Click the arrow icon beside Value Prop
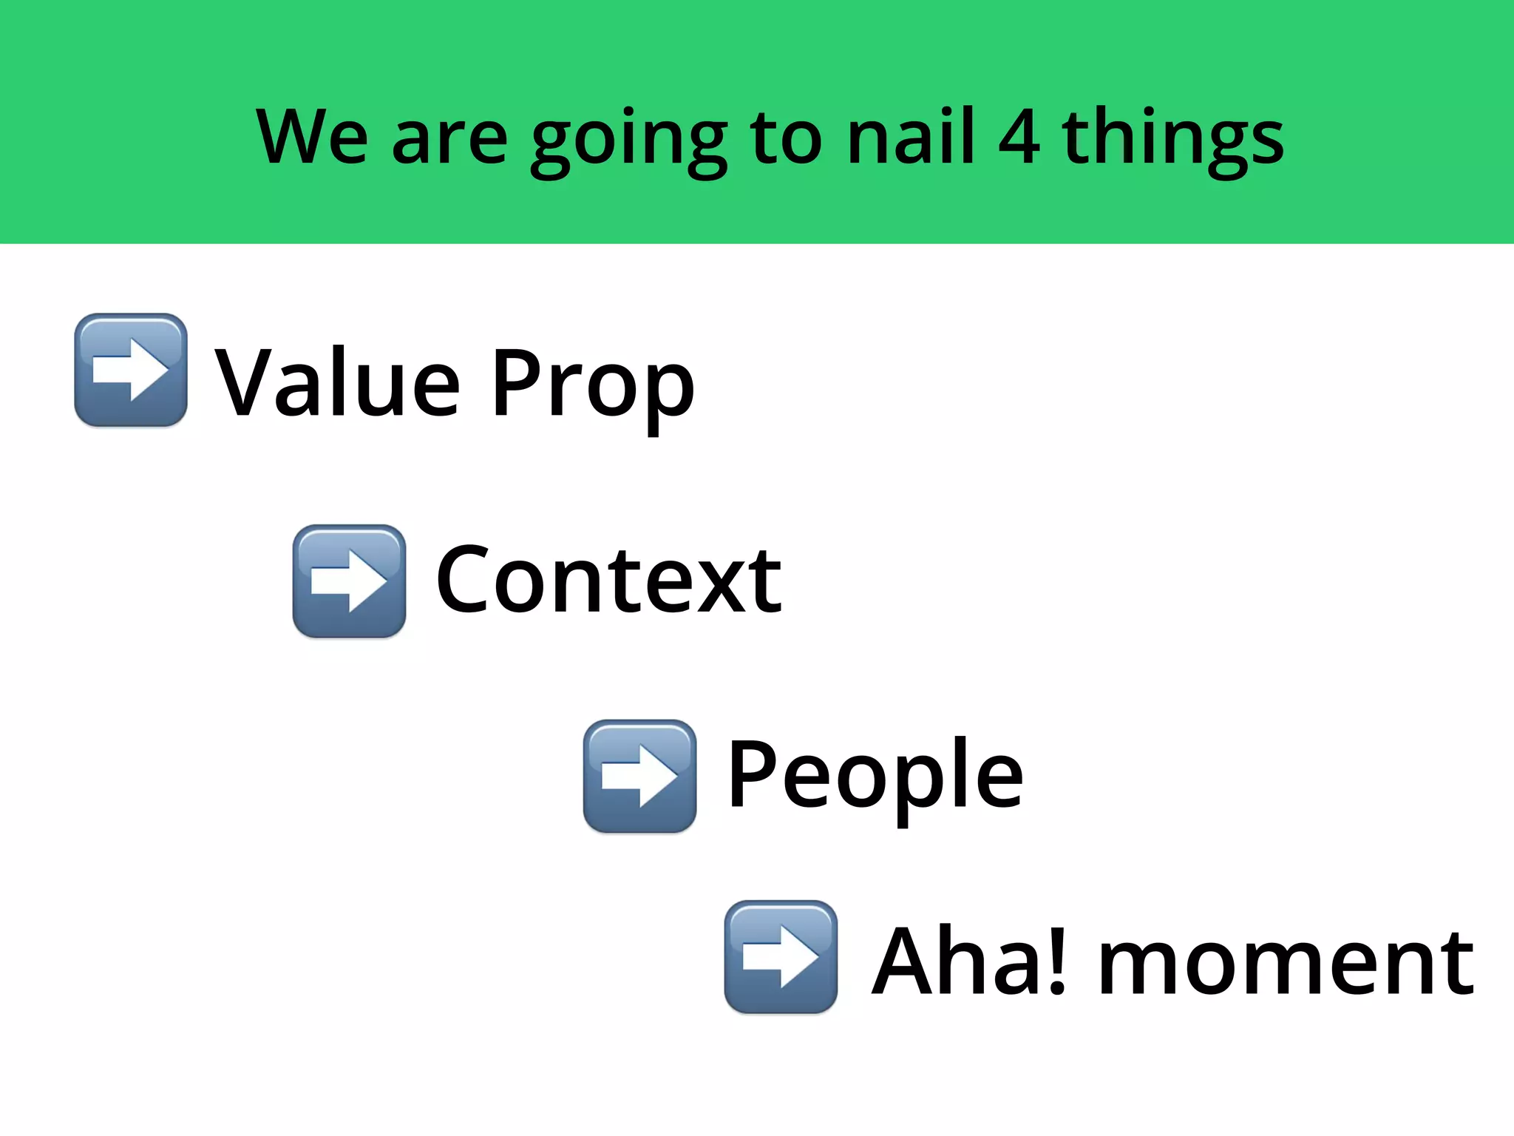point(131,370)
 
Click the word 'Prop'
point(592,385)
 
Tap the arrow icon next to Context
point(349,581)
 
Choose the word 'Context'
point(608,580)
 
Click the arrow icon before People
point(639,777)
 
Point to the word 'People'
point(875,777)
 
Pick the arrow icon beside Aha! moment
point(781,957)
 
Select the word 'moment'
point(1286,965)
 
